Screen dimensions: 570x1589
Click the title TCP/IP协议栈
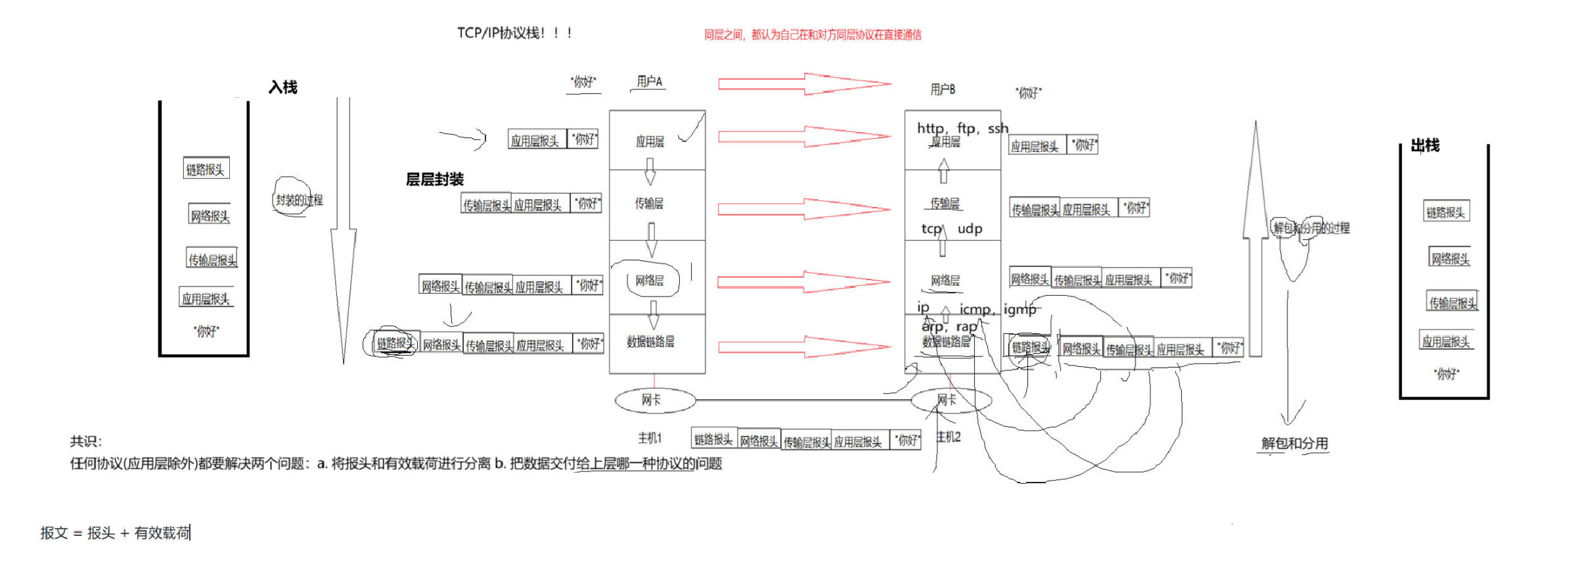click(514, 33)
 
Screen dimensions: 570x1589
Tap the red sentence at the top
click(813, 35)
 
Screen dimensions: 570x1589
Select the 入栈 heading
click(283, 87)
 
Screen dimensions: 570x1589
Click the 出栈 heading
click(1425, 146)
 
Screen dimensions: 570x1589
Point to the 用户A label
click(649, 82)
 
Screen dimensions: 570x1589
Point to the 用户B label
click(943, 89)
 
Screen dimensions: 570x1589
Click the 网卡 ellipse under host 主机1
click(655, 400)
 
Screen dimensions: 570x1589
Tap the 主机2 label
click(948, 437)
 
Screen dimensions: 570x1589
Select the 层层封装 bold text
click(435, 179)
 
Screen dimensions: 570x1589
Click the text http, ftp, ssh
click(962, 128)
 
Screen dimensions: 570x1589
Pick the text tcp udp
click(952, 229)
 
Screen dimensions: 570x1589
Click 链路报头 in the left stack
click(206, 170)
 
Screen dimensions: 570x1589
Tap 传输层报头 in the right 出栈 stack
click(1453, 302)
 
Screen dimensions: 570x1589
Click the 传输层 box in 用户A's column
click(657, 204)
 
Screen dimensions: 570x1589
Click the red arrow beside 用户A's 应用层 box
click(804, 137)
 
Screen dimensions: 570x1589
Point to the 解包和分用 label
click(1294, 444)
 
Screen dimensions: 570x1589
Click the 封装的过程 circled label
click(299, 200)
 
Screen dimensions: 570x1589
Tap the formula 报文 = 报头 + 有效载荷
click(115, 533)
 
